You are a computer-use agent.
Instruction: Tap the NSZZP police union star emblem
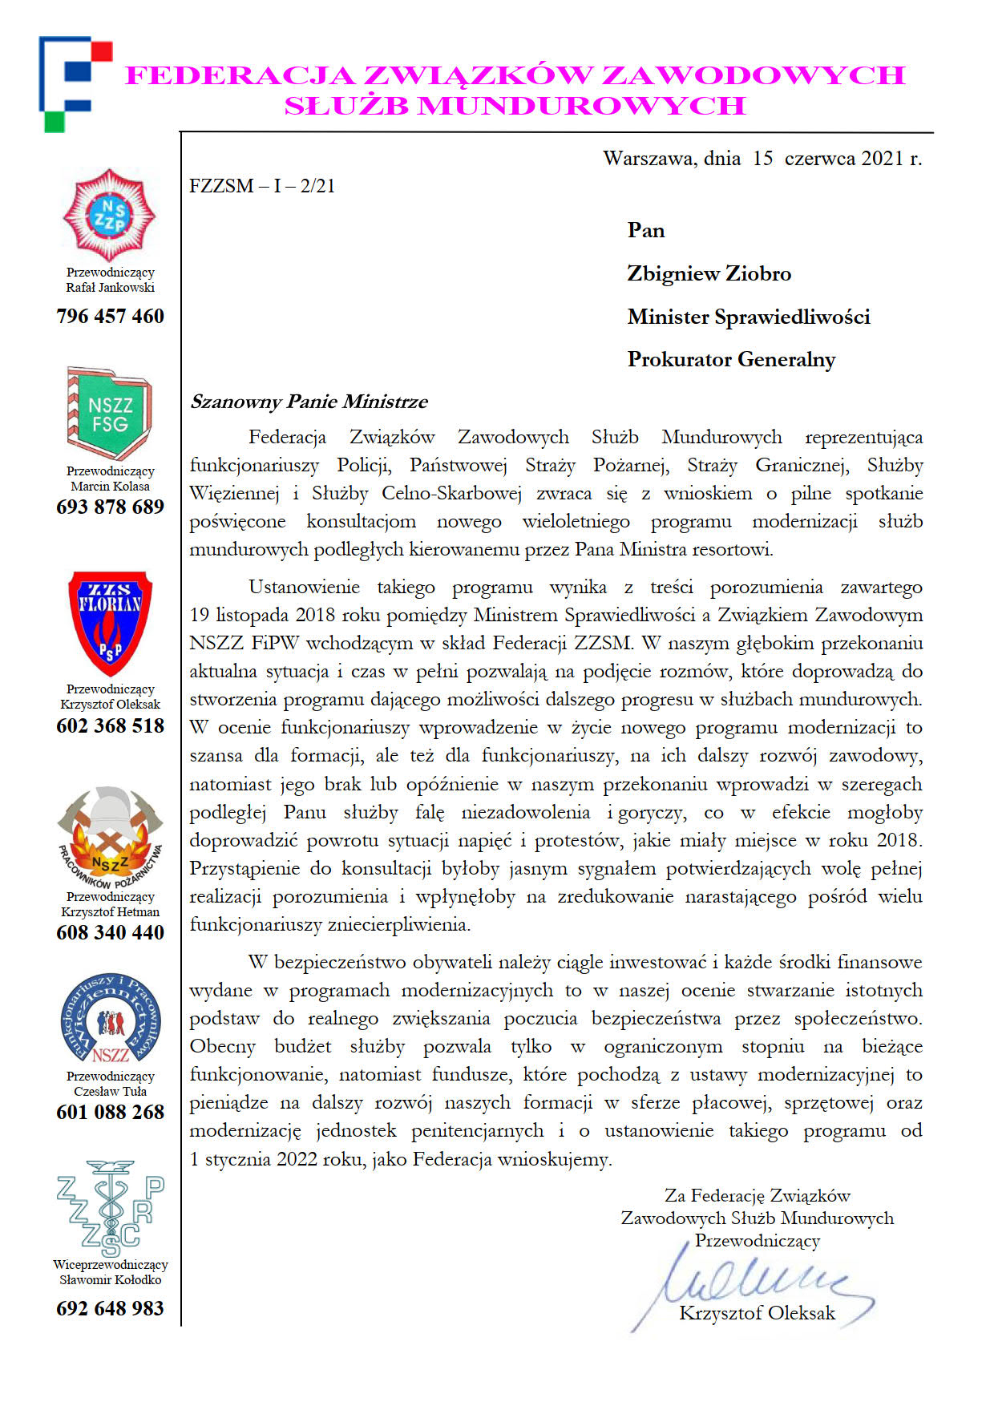(x=110, y=215)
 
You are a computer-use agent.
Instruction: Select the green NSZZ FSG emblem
(x=110, y=412)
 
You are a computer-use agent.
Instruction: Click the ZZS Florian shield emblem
(x=110, y=622)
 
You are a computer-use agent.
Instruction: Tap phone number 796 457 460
(x=110, y=316)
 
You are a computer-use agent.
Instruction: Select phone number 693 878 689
(x=110, y=507)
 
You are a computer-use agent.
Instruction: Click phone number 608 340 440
(x=110, y=932)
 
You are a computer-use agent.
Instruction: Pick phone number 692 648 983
(x=110, y=1308)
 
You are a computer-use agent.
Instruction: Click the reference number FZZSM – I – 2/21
(x=262, y=186)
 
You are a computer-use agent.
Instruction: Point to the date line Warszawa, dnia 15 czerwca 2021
(x=762, y=158)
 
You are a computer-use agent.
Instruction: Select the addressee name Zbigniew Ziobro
(x=709, y=273)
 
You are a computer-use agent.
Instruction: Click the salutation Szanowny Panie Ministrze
(x=309, y=401)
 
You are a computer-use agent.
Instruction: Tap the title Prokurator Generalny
(x=731, y=359)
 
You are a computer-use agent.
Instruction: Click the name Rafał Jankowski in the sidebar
(x=110, y=287)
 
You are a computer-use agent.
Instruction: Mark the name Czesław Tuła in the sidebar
(x=110, y=1091)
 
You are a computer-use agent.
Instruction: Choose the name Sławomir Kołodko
(x=110, y=1279)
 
